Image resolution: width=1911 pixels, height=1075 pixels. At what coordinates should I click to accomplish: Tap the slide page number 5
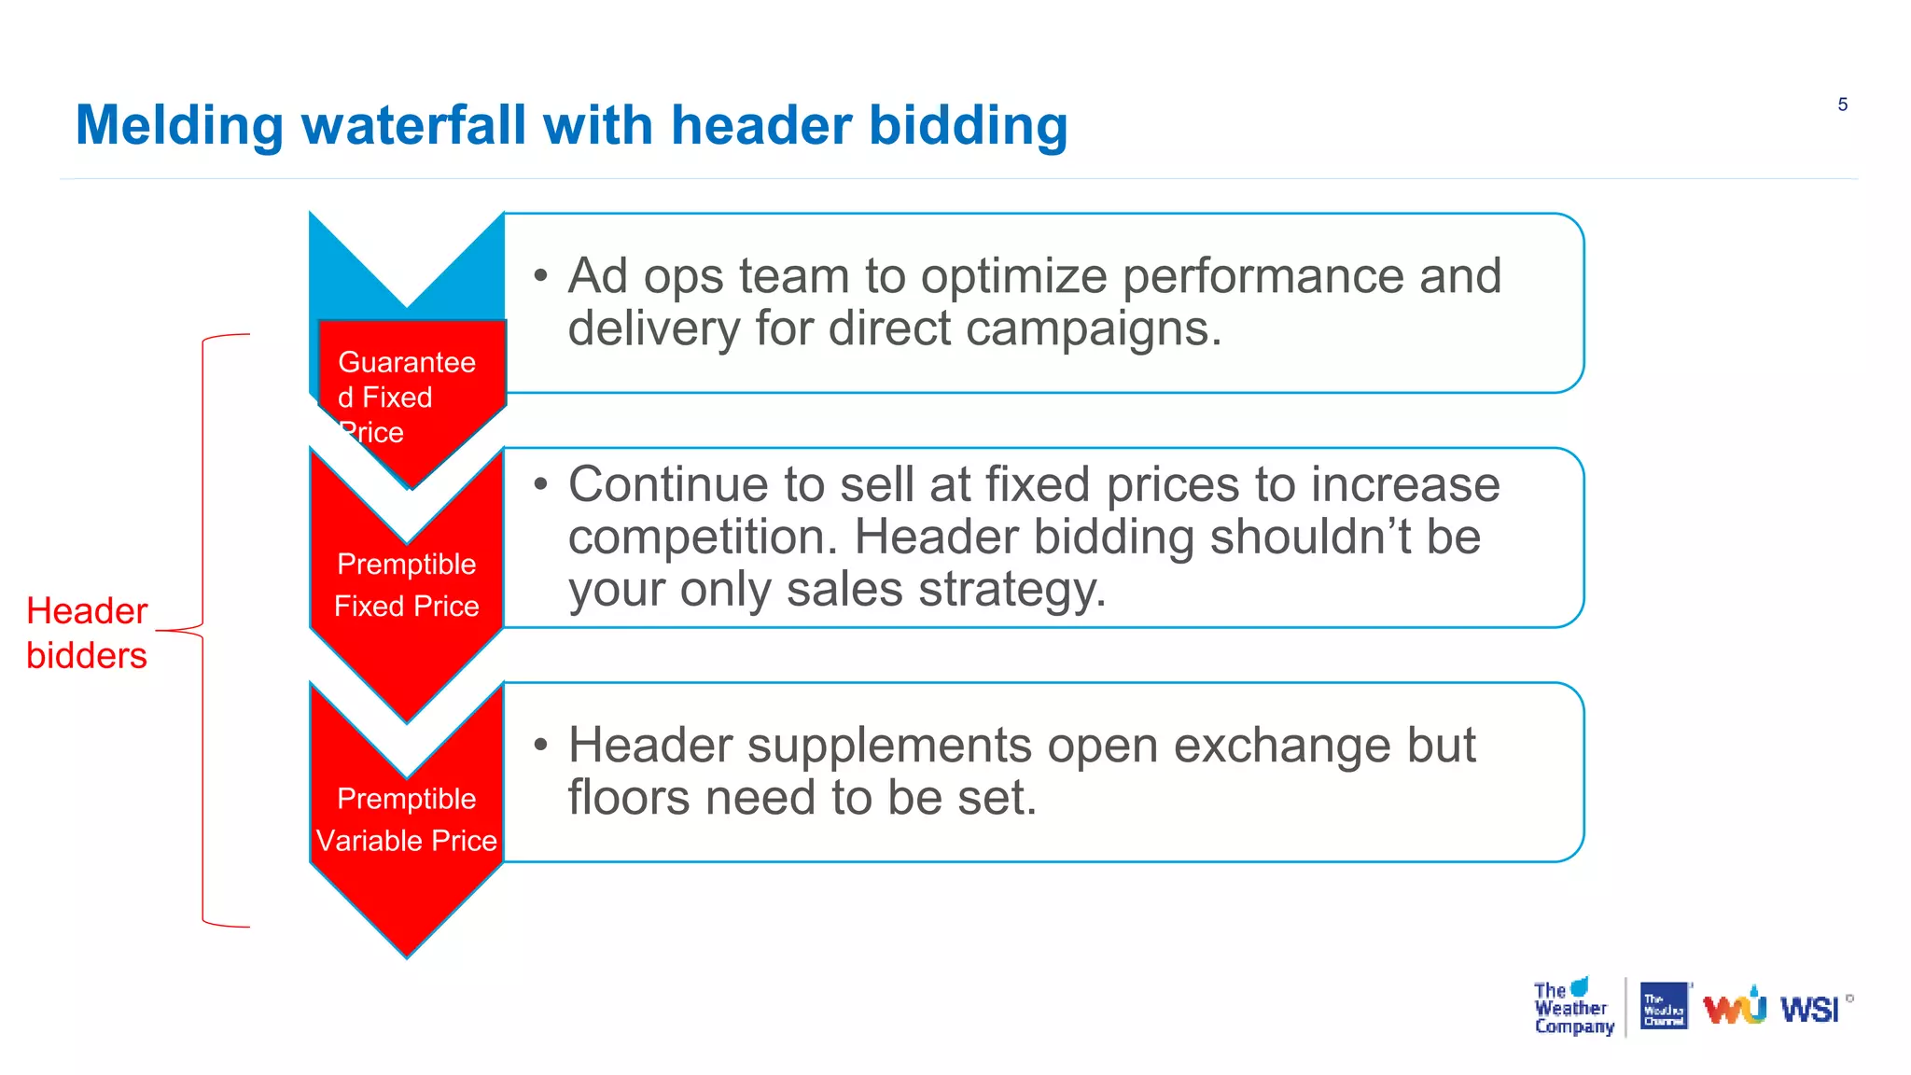tap(1842, 105)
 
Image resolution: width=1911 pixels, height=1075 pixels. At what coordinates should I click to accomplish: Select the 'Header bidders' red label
tap(87, 633)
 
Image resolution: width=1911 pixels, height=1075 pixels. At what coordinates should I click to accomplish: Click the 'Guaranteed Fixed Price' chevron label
tap(406, 397)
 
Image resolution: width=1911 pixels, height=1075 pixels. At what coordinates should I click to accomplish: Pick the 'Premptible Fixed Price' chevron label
tap(406, 585)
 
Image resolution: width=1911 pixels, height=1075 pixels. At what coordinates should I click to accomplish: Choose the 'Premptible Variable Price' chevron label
tap(406, 819)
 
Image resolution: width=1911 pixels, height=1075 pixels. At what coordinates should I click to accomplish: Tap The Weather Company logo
tap(1572, 1009)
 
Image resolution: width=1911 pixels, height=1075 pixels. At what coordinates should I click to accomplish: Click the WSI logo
tap(1809, 1010)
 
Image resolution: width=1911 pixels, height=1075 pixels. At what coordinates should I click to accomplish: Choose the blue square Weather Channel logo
tap(1664, 1007)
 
